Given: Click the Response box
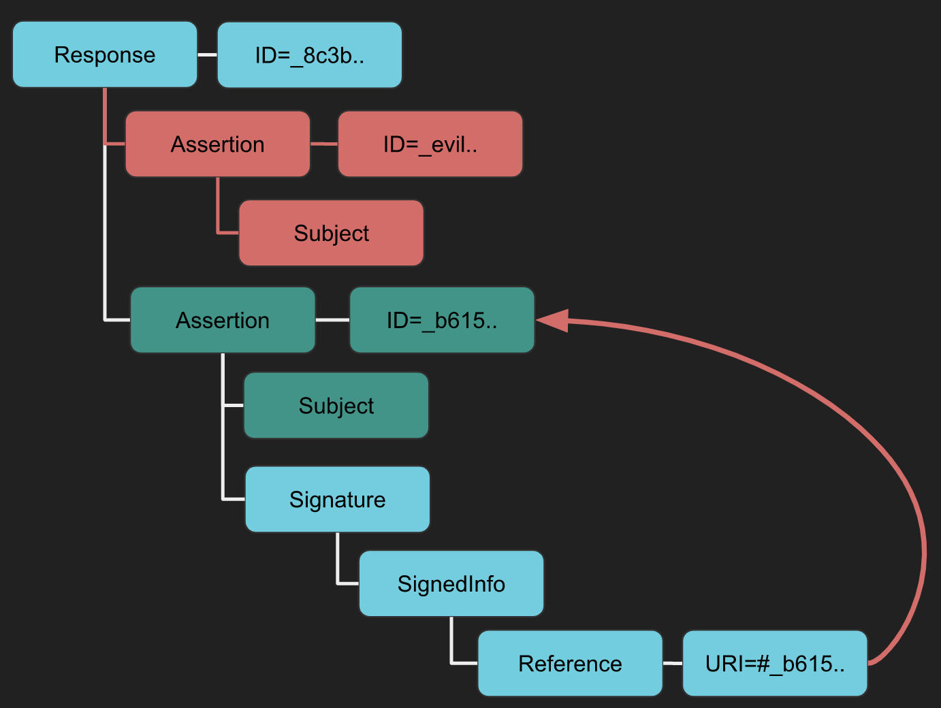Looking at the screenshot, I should point(105,54).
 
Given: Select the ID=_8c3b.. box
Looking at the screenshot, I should point(310,55).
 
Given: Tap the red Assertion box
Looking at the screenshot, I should point(218,144).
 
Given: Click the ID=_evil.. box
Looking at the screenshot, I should point(430,144).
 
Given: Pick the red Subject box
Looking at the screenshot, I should point(332,233).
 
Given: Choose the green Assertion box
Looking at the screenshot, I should point(223,320).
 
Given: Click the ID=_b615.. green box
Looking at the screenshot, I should point(442,320).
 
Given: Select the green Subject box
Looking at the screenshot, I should point(336,406).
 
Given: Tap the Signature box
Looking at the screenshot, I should point(338,500).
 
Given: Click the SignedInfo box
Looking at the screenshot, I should point(451,584).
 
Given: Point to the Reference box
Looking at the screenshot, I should point(571,664).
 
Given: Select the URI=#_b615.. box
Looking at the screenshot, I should point(775,664).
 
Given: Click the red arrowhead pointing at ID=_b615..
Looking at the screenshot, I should point(553,320).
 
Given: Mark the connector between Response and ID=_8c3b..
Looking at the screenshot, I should point(207,54).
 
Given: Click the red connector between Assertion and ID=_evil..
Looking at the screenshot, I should point(324,144).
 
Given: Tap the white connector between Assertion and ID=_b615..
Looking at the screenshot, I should point(332,319).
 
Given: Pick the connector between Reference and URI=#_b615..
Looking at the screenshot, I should point(673,663).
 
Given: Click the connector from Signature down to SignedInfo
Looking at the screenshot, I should point(338,565).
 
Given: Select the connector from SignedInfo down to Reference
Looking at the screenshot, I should point(452,647).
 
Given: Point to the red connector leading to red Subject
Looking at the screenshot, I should point(219,214).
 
